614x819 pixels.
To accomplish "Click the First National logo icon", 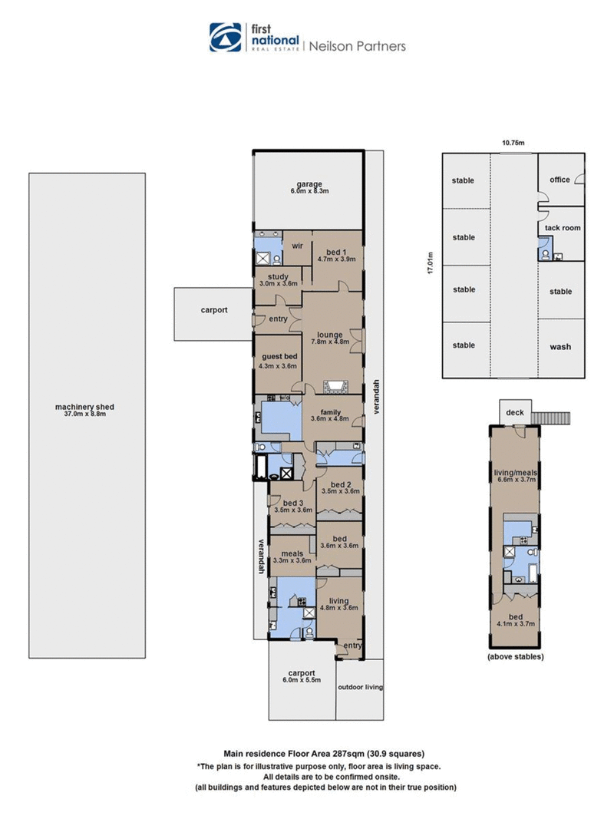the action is [x=226, y=37].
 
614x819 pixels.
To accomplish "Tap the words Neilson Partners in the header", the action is [x=358, y=46].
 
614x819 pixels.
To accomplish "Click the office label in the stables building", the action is [x=560, y=180].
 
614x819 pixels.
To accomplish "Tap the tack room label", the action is [x=563, y=228].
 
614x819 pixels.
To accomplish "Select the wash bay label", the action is [x=560, y=347].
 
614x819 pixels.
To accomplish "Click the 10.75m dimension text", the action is [x=513, y=143].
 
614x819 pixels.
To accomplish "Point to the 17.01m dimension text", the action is [x=431, y=263].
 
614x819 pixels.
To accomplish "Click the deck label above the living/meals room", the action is [x=515, y=413].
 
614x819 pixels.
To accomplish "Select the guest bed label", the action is [x=279, y=357].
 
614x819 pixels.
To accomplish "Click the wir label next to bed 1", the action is [x=297, y=246].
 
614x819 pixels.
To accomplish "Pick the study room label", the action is [x=279, y=277].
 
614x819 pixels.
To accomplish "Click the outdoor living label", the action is [x=360, y=687].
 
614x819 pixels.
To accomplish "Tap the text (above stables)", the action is [x=515, y=656].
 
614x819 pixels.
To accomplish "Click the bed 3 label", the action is [x=293, y=503].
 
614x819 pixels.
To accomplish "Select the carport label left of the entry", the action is [x=214, y=310].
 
